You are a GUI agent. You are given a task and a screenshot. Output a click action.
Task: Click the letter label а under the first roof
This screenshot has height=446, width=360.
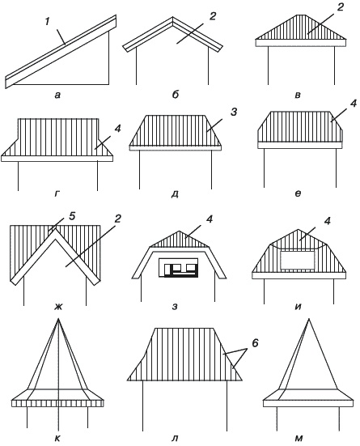57,95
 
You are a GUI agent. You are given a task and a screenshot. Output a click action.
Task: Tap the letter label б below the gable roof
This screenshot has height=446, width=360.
176,95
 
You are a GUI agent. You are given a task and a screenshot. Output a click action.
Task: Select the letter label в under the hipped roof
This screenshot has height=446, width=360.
298,95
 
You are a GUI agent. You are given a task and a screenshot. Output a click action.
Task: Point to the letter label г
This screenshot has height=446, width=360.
57,194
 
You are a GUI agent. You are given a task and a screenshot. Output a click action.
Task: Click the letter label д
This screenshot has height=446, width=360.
176,194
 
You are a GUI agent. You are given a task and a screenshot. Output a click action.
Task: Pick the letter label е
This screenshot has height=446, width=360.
298,194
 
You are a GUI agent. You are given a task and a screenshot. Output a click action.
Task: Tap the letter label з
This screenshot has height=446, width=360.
176,307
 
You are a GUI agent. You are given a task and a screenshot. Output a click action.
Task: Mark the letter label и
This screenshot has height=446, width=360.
298,307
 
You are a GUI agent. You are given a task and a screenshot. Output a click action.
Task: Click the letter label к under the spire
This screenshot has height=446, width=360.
57,439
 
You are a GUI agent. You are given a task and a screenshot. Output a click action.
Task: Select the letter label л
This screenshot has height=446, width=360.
176,439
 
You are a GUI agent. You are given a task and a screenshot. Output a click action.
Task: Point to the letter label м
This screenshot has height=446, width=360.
299,439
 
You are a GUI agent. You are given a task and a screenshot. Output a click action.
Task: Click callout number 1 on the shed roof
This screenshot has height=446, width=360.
47,22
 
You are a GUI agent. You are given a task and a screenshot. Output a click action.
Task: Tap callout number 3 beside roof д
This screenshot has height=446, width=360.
234,112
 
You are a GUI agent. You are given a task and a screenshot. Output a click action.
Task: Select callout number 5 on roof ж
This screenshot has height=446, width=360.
72,216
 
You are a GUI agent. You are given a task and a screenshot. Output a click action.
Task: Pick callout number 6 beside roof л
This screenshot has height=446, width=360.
255,343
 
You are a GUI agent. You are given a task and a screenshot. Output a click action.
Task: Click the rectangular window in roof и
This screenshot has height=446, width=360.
298,260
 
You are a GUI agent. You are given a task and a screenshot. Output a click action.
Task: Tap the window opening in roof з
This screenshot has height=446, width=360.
178,267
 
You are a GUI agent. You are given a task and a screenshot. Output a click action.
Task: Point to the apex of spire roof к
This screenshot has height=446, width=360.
58,319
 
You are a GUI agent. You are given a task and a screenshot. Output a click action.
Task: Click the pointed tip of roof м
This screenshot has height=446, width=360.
309,319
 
